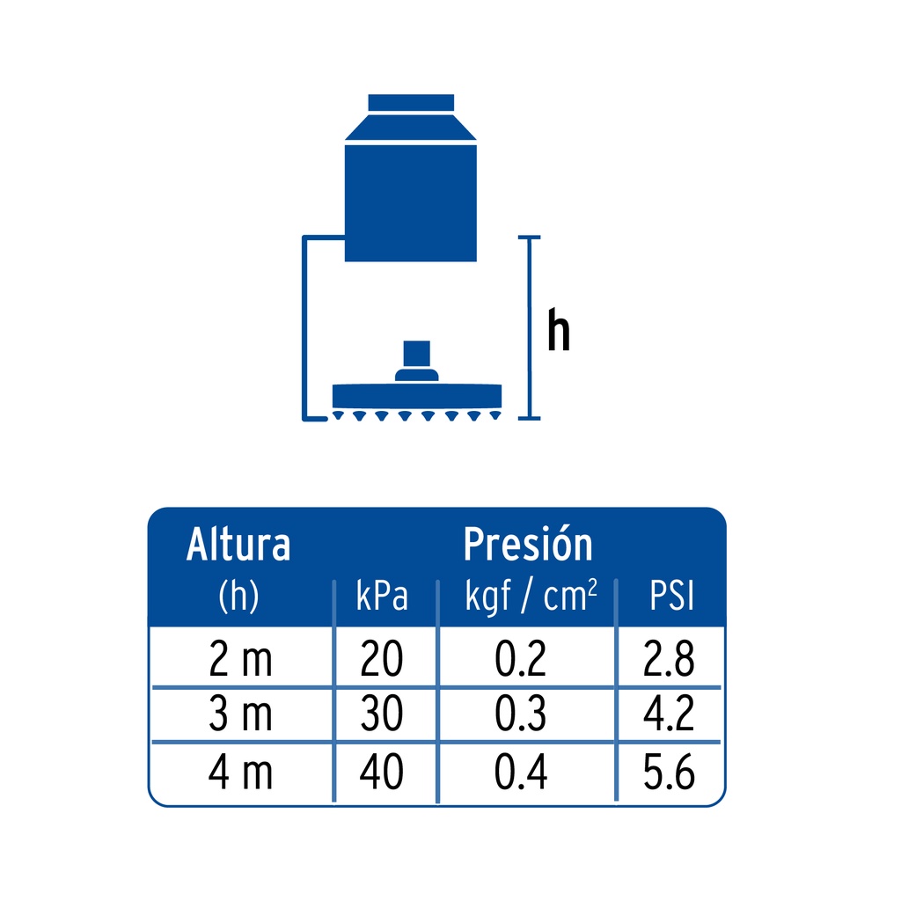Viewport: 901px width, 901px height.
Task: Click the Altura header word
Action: pos(238,544)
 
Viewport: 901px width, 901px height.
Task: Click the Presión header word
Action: pos(528,543)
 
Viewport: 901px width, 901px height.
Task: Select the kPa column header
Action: pos(382,596)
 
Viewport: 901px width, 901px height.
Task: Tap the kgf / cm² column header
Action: pos(531,597)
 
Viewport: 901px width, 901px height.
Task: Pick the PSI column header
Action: pos(671,596)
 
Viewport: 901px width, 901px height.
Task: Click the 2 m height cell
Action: pos(240,658)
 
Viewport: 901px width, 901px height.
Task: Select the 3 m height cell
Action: pos(240,714)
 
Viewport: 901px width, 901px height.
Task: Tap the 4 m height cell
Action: pos(240,772)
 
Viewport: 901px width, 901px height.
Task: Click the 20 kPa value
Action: pos(382,658)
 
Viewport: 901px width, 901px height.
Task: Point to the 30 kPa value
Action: pos(382,714)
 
